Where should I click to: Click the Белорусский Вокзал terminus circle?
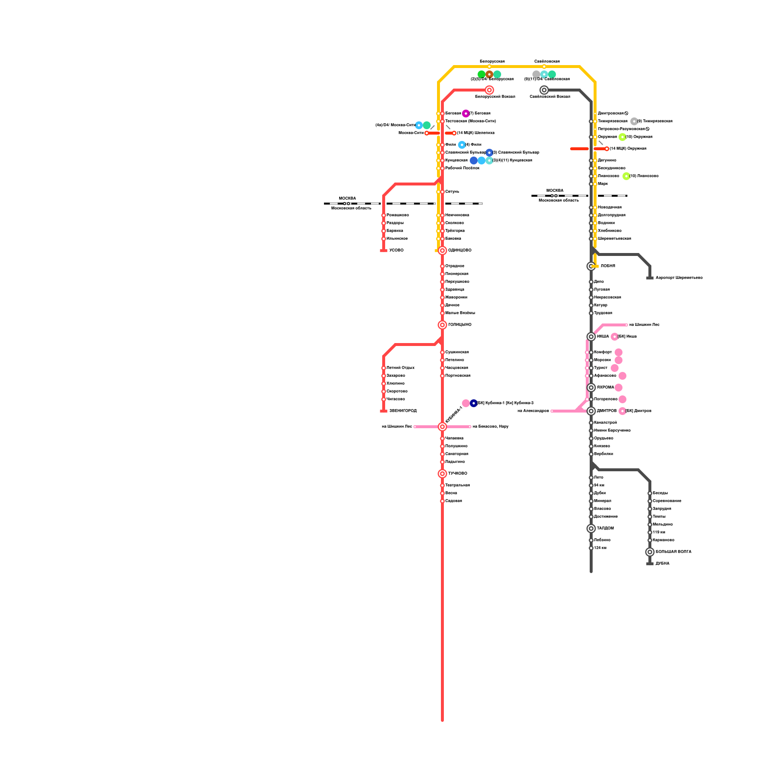(489, 90)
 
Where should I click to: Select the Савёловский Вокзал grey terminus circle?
(544, 90)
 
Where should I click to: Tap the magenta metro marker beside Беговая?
(466, 114)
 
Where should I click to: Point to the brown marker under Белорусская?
(489, 74)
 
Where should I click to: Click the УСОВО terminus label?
(396, 251)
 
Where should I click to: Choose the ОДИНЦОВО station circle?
(442, 251)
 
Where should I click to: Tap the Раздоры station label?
(395, 223)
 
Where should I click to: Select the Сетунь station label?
(452, 192)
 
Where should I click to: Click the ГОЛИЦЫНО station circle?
(442, 325)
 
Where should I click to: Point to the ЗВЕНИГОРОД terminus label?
(403, 411)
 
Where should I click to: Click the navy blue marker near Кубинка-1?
(474, 403)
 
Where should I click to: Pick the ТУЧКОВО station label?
(458, 474)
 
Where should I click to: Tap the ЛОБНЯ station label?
(608, 266)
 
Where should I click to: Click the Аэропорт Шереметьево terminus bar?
(650, 278)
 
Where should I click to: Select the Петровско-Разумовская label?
(621, 129)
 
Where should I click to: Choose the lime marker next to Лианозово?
(626, 176)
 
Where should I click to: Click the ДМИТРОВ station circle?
(591, 411)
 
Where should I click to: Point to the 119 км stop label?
(659, 532)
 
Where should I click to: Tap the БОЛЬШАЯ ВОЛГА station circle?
(650, 552)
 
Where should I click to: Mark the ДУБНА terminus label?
(662, 564)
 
